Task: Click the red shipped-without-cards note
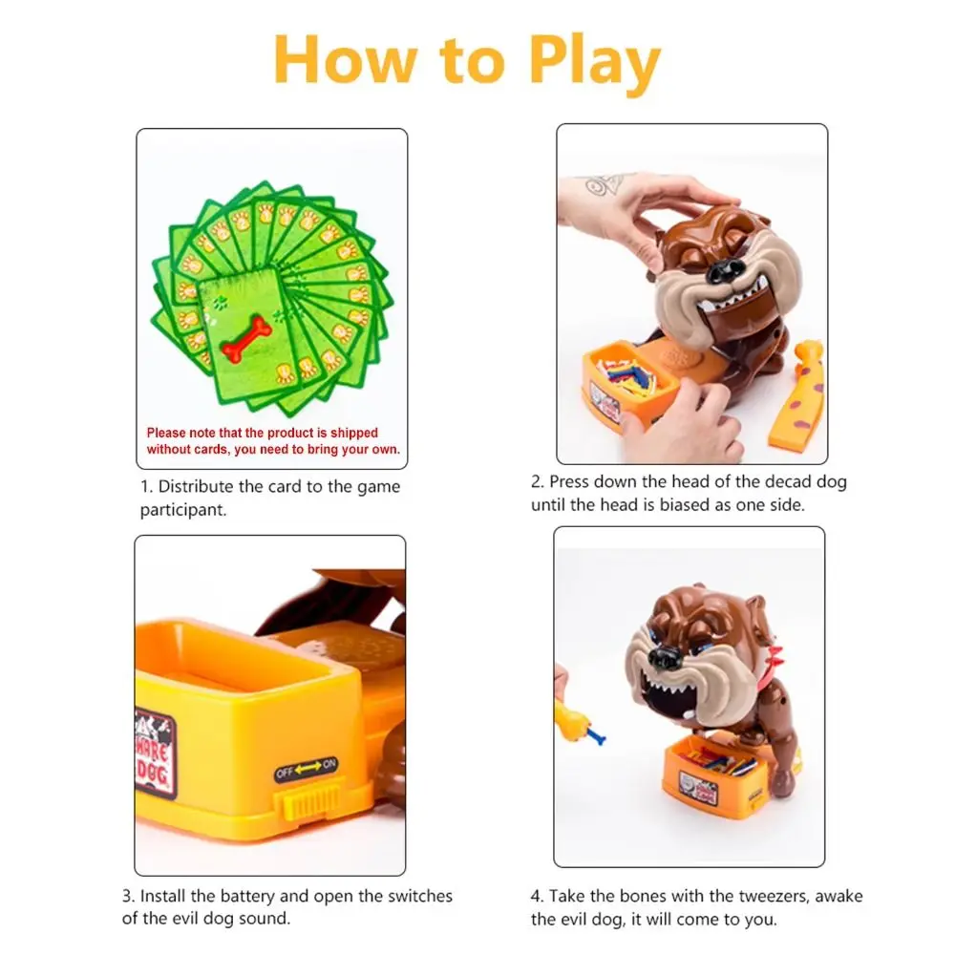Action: [x=272, y=441]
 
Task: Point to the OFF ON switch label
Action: [x=307, y=765]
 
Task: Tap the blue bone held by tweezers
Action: [x=596, y=735]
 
